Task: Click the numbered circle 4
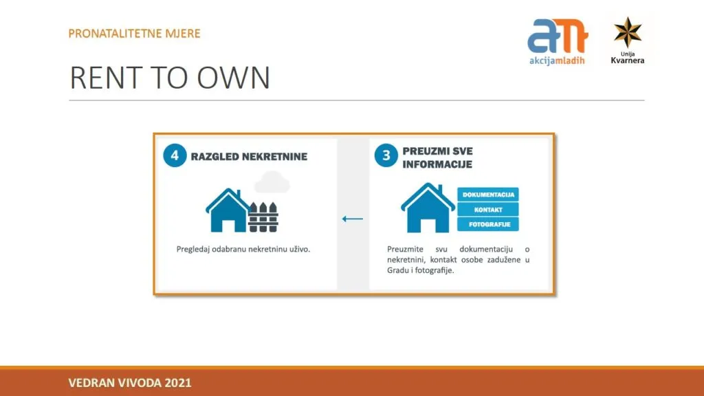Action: click(x=175, y=155)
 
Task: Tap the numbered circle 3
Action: click(x=386, y=155)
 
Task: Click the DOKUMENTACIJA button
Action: click(x=488, y=195)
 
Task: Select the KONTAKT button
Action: click(x=488, y=210)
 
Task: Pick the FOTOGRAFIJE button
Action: click(x=488, y=224)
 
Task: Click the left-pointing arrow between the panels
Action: click(x=353, y=219)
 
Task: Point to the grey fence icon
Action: click(x=263, y=217)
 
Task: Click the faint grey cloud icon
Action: click(x=272, y=181)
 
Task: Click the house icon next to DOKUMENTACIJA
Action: click(x=428, y=208)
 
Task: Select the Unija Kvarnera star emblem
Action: click(x=628, y=32)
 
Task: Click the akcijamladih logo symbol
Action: click(x=558, y=36)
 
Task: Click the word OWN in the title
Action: click(x=234, y=78)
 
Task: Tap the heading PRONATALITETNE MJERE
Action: click(x=134, y=34)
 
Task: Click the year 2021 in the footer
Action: click(x=178, y=383)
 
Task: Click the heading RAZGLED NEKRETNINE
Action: click(x=249, y=157)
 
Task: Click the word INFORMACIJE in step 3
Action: click(x=437, y=164)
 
